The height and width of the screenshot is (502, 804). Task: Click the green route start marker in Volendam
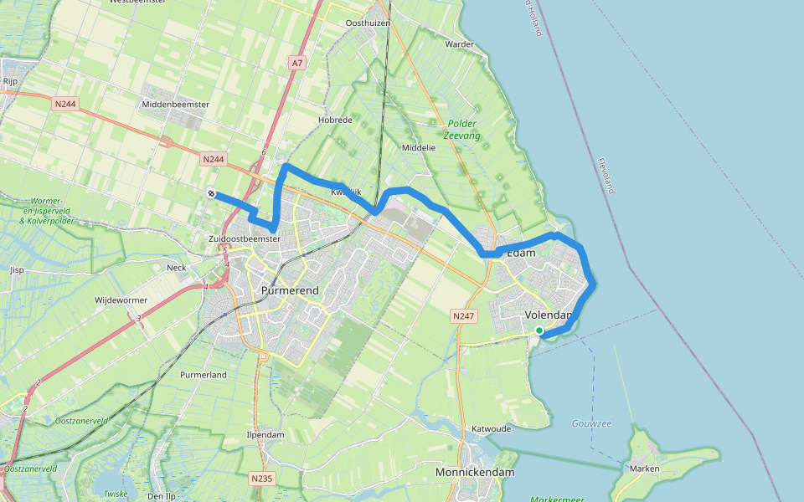tap(539, 331)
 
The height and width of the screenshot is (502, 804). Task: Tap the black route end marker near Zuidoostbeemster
tap(212, 194)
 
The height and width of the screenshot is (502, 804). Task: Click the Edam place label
tap(521, 253)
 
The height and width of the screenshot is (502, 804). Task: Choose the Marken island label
tap(645, 469)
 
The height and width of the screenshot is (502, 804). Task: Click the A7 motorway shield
tap(297, 63)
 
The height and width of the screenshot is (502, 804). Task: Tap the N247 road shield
tap(463, 316)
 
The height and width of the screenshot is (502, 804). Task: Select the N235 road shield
tap(262, 479)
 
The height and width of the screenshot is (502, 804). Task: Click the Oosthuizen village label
tap(368, 23)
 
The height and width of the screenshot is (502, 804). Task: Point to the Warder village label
tap(460, 44)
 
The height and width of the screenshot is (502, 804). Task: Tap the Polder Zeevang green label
tap(461, 129)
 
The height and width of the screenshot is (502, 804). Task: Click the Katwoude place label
tap(492, 428)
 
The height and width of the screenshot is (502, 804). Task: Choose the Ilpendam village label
tap(267, 435)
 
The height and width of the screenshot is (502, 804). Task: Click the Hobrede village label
tap(335, 120)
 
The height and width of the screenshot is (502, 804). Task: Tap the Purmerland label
tap(204, 375)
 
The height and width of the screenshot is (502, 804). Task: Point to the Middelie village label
tap(419, 147)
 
